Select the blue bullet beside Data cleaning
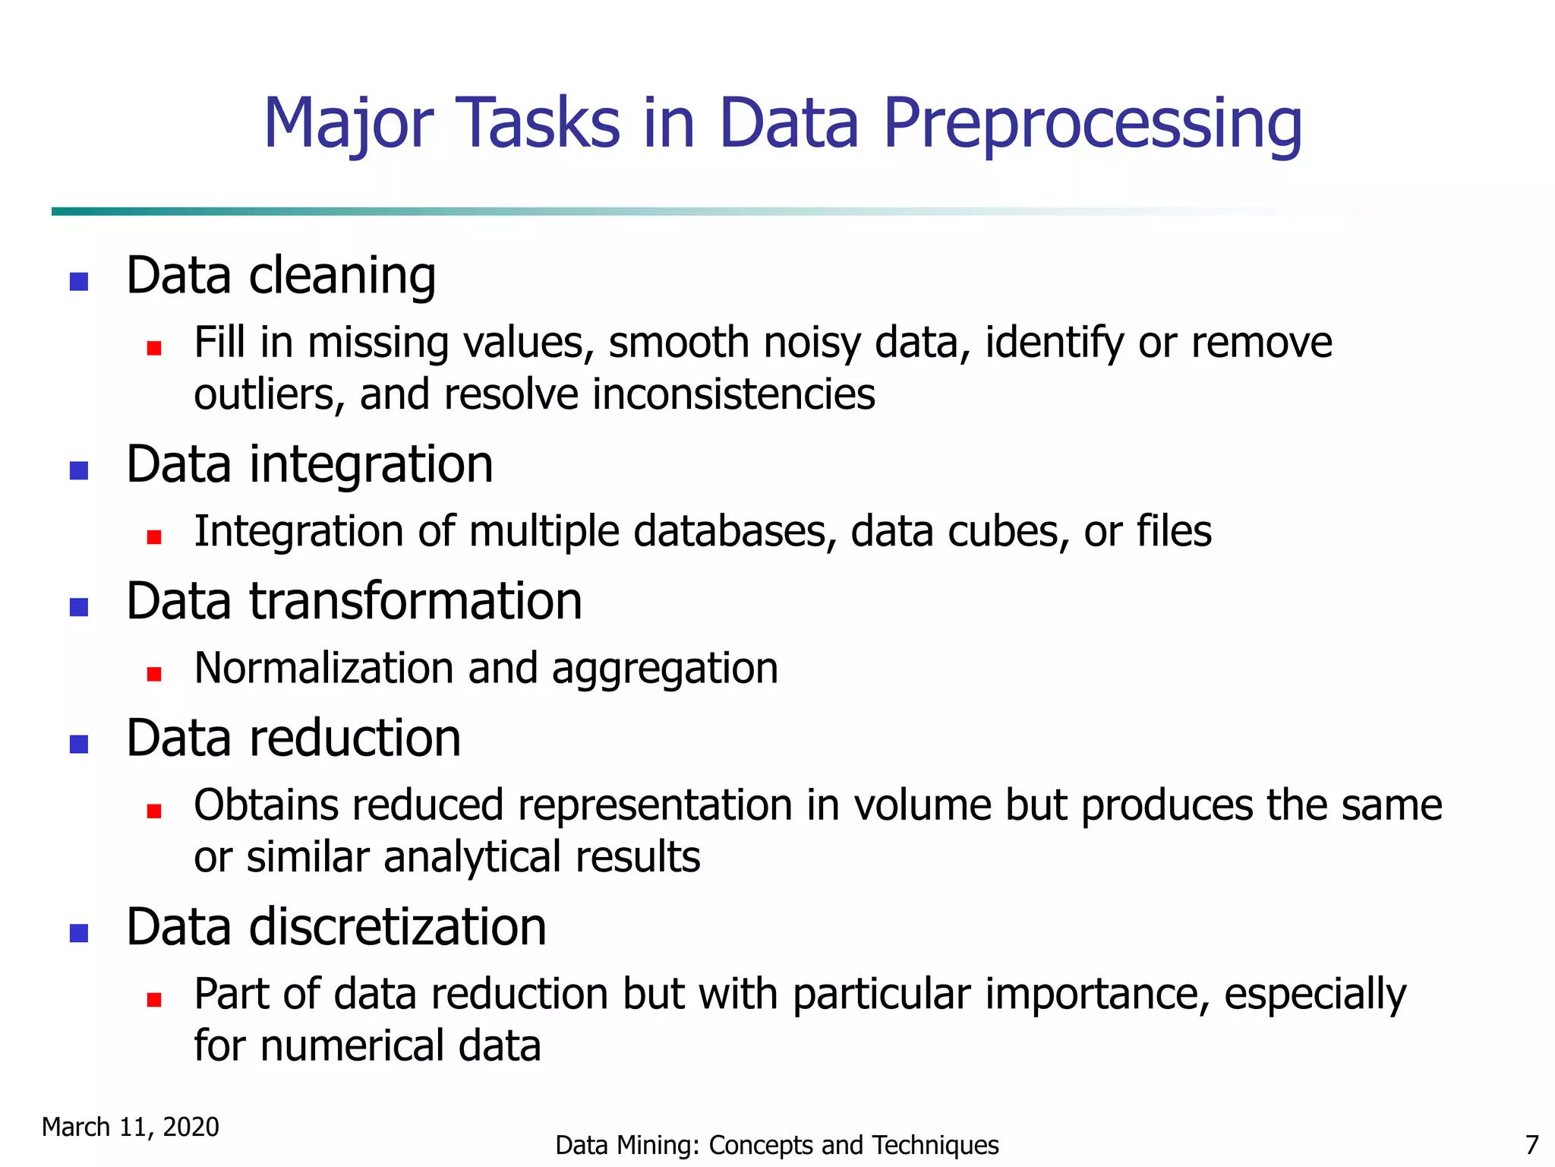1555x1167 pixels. [79, 282]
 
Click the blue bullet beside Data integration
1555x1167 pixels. [79, 471]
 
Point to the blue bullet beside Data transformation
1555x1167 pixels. [79, 607]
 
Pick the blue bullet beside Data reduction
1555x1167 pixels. [79, 744]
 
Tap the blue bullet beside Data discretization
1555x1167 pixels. [79, 933]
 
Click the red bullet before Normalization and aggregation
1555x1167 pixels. [154, 674]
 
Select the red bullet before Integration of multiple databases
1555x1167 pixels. [154, 537]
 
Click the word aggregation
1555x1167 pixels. [664, 669]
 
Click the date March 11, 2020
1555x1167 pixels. [131, 1127]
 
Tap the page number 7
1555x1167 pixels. [1531, 1145]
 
